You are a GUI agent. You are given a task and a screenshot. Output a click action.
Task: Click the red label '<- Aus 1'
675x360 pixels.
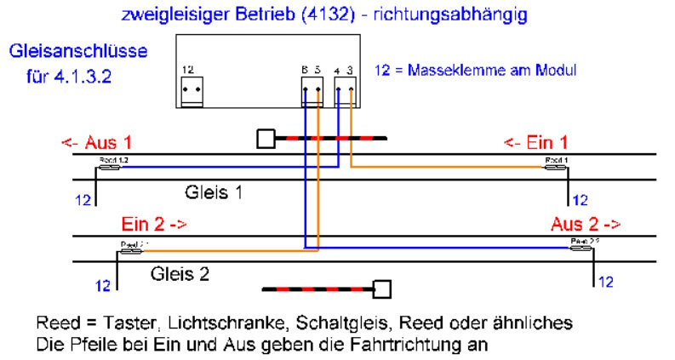coord(96,141)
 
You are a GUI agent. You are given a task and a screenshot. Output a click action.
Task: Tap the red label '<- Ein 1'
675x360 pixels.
coord(535,141)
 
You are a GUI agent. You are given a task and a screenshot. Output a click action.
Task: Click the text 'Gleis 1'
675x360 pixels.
coord(214,192)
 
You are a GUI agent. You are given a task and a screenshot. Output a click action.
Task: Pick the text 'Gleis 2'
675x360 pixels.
coord(180,274)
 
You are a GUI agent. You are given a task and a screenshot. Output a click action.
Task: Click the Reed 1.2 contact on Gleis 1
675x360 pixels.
coord(109,167)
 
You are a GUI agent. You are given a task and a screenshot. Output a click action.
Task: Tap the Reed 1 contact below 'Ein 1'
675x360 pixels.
coord(557,167)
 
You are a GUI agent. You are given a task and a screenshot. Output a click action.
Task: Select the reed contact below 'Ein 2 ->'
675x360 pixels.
coord(134,250)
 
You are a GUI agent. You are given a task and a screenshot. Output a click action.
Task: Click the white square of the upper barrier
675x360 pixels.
coord(266,138)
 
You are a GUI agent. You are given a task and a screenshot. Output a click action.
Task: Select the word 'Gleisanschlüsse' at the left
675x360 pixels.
coord(78,52)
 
